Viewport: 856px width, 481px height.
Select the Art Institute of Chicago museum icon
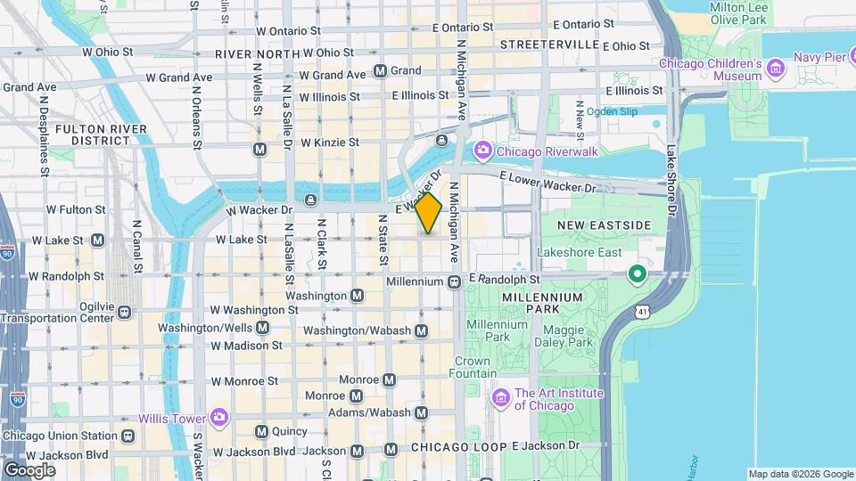[x=500, y=395]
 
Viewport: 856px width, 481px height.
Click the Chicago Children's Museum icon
[x=776, y=68]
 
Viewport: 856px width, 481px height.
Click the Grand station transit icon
[x=381, y=70]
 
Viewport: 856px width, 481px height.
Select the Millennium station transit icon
[x=454, y=281]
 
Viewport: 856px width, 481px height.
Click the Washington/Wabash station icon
[x=422, y=330]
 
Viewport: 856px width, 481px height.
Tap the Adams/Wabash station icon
[x=422, y=412]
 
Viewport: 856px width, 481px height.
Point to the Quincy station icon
[x=261, y=431]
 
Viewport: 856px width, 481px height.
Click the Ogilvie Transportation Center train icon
[x=124, y=312]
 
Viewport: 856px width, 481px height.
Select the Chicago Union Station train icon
[x=128, y=436]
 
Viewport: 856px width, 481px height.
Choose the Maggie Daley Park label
[x=569, y=336]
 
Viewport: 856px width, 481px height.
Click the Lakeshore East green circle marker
[x=637, y=273]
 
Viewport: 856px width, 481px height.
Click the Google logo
[x=29, y=469]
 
